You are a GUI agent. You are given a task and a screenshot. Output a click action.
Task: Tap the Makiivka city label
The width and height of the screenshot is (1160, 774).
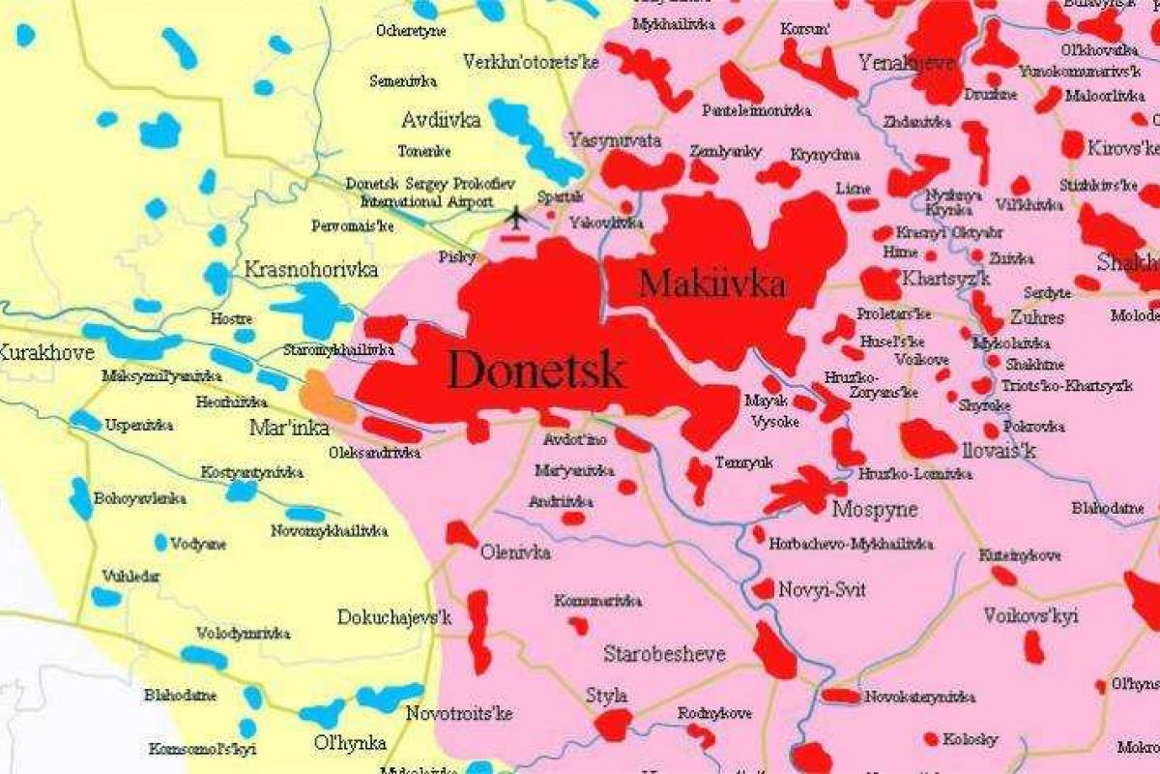coord(712,284)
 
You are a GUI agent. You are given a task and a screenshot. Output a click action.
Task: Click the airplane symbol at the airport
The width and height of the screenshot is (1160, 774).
coord(517,217)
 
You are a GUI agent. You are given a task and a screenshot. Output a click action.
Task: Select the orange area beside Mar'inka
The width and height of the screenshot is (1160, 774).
coord(327,397)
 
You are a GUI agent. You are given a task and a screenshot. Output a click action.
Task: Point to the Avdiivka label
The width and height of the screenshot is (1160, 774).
coord(441,121)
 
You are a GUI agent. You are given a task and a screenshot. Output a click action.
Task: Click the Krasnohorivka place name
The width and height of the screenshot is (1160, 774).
coord(311,269)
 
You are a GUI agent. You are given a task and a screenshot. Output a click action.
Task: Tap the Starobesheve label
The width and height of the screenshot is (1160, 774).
coord(664,654)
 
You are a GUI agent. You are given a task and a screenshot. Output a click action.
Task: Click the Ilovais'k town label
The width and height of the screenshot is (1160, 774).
coord(984,451)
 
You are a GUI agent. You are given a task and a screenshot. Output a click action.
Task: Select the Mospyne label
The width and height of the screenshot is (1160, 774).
coord(875,509)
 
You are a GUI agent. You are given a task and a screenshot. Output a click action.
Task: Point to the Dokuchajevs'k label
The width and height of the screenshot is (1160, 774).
coord(394,616)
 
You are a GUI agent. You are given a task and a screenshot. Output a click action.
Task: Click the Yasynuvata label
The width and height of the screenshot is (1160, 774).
coord(616,140)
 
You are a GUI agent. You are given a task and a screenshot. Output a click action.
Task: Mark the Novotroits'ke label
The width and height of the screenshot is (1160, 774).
coord(458,714)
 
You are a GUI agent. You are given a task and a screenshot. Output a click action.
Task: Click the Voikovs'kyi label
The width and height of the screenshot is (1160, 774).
coord(1030,615)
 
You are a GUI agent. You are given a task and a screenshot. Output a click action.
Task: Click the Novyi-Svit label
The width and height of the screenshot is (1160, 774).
coord(822,590)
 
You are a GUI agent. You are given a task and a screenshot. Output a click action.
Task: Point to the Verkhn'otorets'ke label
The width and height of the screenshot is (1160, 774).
coord(544,62)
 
